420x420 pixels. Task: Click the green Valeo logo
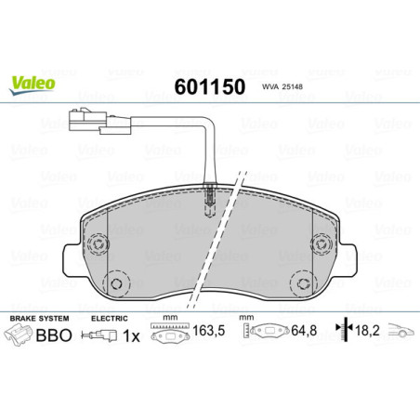tap(33, 83)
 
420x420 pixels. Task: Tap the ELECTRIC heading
tap(111, 318)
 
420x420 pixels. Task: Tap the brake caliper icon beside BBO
tap(20, 336)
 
